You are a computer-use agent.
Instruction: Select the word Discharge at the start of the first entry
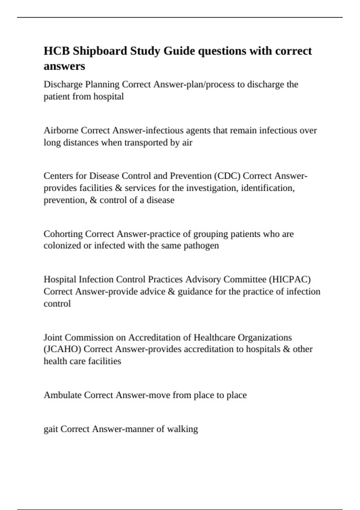click(x=63, y=84)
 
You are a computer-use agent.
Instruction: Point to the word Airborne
click(x=61, y=130)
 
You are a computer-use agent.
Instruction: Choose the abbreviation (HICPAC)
click(x=289, y=279)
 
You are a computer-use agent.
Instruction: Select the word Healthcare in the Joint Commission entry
click(x=214, y=337)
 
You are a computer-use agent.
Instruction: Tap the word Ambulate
click(x=63, y=395)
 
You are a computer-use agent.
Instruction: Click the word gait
click(x=51, y=429)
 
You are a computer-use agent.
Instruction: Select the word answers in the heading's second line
click(x=64, y=66)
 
